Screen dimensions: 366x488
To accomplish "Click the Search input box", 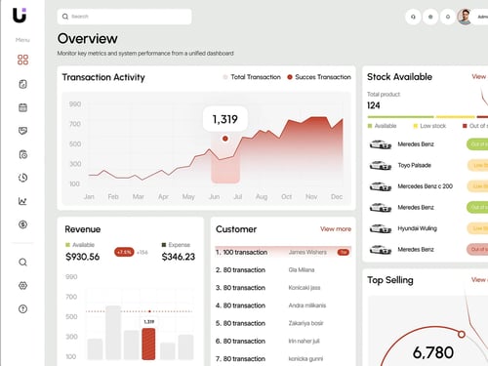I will [x=124, y=17].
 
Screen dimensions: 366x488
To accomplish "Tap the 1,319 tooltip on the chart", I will [x=224, y=119].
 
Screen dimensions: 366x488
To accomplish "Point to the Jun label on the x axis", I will [x=215, y=196].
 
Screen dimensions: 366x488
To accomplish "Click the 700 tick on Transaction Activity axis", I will [x=75, y=125].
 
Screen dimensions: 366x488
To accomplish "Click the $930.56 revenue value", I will [x=82, y=257].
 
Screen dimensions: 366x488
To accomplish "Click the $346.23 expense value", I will [x=179, y=257].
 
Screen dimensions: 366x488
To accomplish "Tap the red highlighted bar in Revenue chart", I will [x=148, y=344].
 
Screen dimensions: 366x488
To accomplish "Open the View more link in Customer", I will [x=335, y=228].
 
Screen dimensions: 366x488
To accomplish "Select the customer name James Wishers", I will [x=307, y=252].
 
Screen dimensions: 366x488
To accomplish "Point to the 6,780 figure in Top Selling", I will [x=433, y=352].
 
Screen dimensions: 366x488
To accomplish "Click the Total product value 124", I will [x=374, y=105].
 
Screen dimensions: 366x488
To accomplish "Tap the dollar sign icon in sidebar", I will [x=22, y=224].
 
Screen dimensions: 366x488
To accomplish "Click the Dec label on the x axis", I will [x=337, y=196].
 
